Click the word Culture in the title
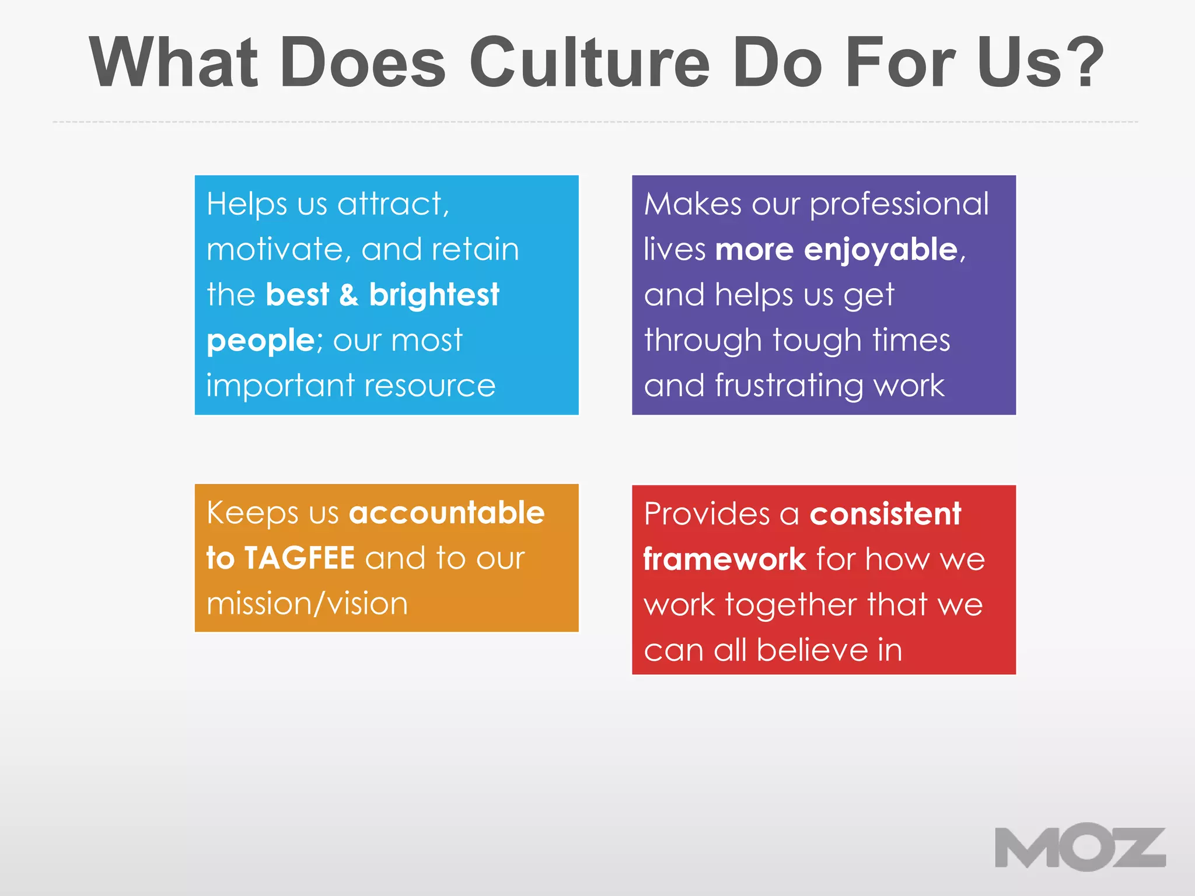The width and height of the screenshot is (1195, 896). click(589, 62)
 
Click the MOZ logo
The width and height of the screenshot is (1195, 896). click(1079, 847)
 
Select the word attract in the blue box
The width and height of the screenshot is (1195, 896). click(392, 204)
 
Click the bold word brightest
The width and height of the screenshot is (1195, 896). click(434, 295)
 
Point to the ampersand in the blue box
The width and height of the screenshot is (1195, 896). click(348, 295)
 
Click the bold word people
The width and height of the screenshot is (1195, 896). click(261, 341)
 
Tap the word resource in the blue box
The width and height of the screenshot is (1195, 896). click(431, 386)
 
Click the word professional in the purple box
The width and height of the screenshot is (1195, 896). click(899, 204)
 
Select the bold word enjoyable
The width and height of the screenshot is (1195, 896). click(881, 250)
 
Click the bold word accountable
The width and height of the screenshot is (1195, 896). click(446, 513)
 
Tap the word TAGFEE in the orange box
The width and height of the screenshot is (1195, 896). click(299, 558)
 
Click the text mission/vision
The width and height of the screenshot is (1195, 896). click(307, 604)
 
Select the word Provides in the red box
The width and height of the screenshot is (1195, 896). click(707, 514)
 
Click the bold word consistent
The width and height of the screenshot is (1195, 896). click(885, 514)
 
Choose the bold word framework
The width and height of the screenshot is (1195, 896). click(724, 559)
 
